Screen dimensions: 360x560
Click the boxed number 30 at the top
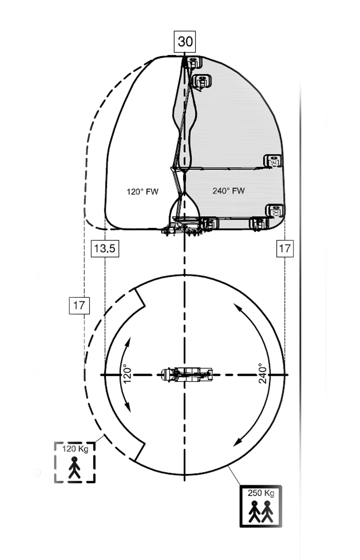coord(185,42)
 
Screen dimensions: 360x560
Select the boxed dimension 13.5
coord(105,248)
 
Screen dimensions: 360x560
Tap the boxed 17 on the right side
coord(285,248)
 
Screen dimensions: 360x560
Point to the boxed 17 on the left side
coord(79,305)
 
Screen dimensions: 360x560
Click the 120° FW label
coord(142,192)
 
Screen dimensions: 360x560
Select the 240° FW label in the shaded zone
coord(229,191)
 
